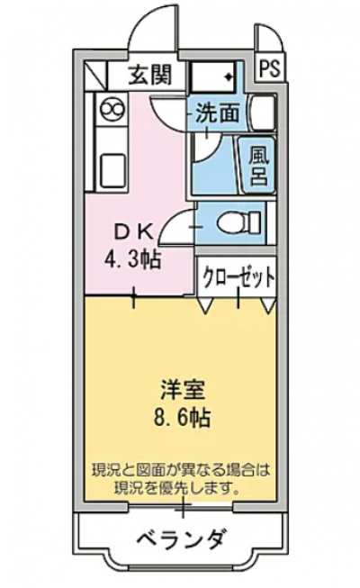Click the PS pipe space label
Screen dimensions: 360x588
[270, 69]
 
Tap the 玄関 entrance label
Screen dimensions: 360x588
[150, 74]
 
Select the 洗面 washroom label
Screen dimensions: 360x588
[218, 113]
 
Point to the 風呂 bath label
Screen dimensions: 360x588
[259, 166]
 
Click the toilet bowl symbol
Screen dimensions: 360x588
[238, 222]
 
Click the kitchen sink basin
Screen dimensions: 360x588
[112, 171]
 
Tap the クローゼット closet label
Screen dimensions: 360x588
[238, 277]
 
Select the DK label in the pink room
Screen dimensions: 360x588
[133, 233]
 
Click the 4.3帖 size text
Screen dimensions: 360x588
[133, 258]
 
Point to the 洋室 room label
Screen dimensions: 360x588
[183, 391]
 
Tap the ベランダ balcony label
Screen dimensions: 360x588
[182, 539]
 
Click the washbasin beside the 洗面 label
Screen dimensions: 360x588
[262, 113]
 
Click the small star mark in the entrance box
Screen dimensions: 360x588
[228, 77]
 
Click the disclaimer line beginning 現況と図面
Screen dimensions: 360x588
[181, 470]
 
